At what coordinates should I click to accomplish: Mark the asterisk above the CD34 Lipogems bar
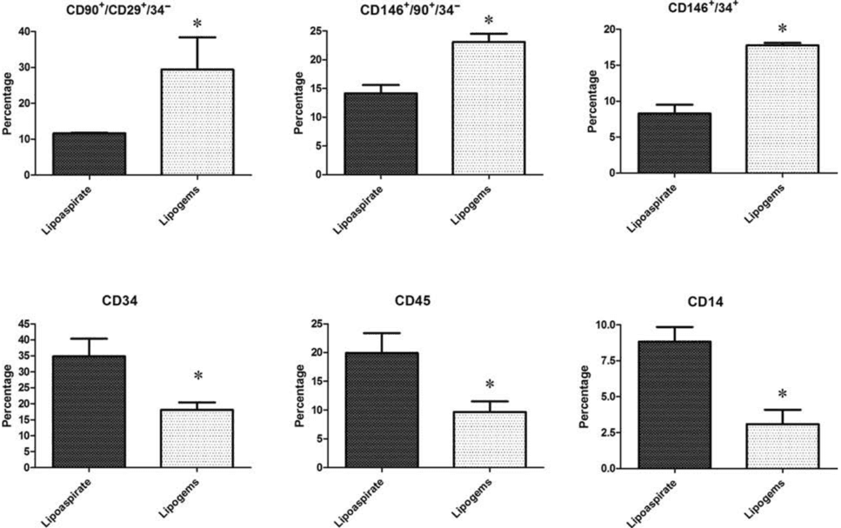[198, 377]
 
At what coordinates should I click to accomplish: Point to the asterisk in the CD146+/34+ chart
[782, 29]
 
